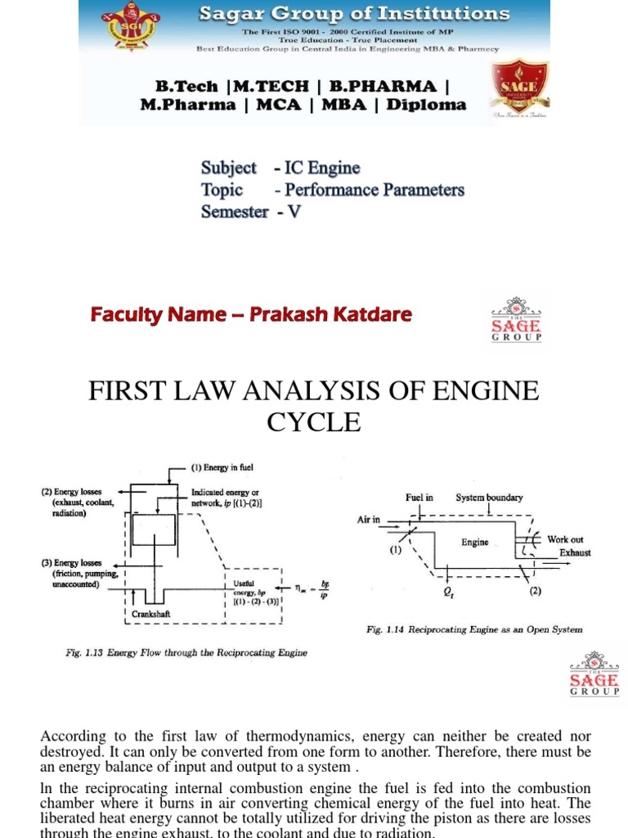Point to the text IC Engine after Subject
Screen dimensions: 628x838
[322, 168]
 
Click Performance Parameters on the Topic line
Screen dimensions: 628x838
[375, 190]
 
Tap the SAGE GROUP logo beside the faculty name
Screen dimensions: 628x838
[515, 320]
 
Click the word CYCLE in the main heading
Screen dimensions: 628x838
[313, 422]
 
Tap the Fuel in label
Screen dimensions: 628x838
[419, 498]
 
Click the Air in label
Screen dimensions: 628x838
[370, 519]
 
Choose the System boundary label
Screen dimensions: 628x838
[489, 498]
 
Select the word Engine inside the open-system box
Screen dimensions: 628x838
[475, 542]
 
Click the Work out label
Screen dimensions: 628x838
[565, 539]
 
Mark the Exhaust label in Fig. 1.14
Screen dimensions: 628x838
[575, 552]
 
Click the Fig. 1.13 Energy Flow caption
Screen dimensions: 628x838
[187, 652]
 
